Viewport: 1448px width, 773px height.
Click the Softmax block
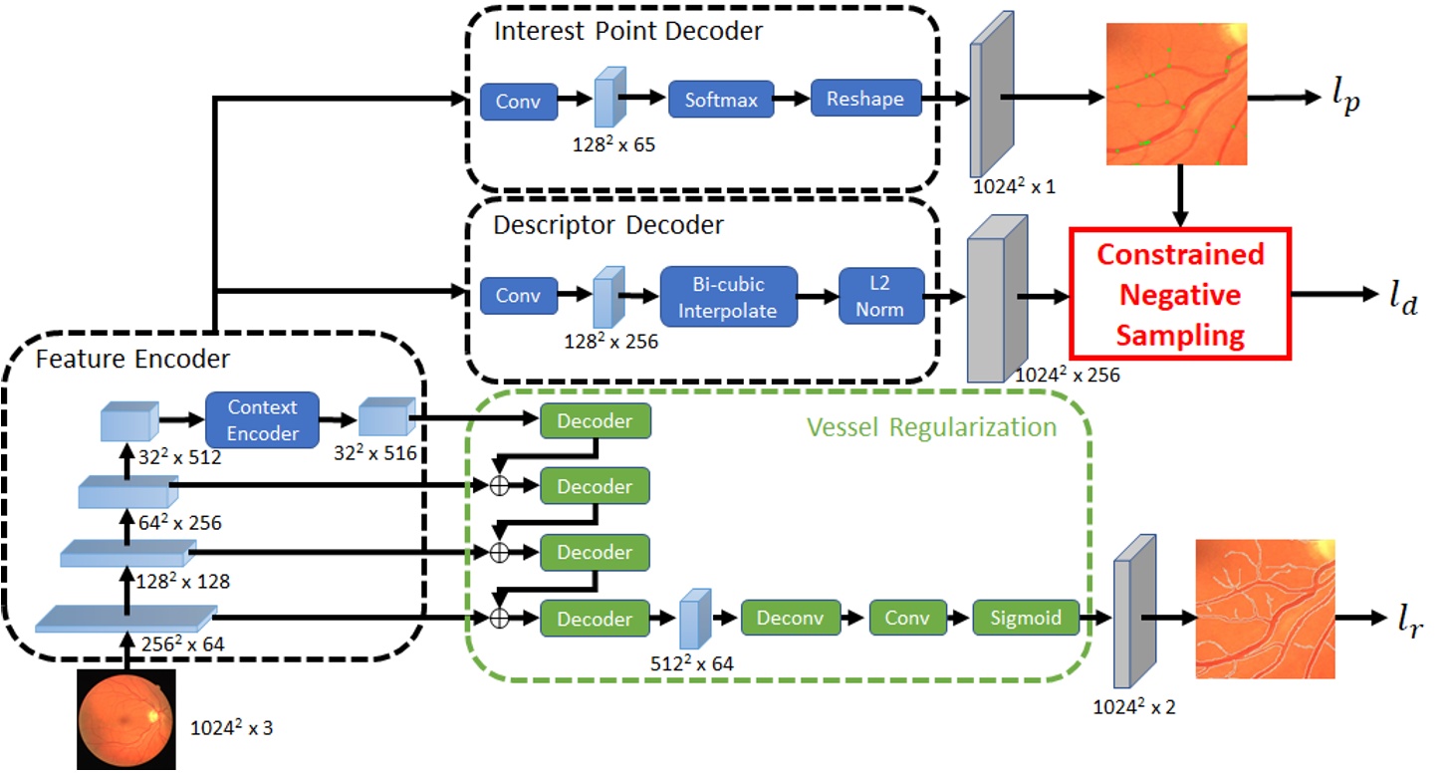pyautogui.click(x=720, y=101)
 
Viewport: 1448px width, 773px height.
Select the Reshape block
pyautogui.click(x=865, y=100)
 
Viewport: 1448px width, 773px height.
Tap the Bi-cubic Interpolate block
pyautogui.click(x=727, y=296)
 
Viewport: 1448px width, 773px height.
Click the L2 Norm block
pyautogui.click(x=880, y=296)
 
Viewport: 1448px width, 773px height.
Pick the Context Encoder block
pyautogui.click(x=263, y=420)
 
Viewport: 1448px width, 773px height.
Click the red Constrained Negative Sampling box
pyautogui.click(x=1179, y=294)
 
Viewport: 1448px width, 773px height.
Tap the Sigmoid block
pyautogui.click(x=1026, y=619)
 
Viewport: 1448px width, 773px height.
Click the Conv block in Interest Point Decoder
pyautogui.click(x=518, y=102)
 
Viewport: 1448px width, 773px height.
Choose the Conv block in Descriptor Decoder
pyautogui.click(x=518, y=296)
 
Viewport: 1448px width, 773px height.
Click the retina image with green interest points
pyautogui.click(x=1177, y=94)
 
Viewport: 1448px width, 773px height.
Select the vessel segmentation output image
pyautogui.click(x=1264, y=609)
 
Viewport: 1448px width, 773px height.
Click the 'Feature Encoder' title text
pyautogui.click(x=131, y=359)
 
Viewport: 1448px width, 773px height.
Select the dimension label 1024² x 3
pyautogui.click(x=231, y=728)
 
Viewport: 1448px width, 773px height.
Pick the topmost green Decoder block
pyautogui.click(x=595, y=421)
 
